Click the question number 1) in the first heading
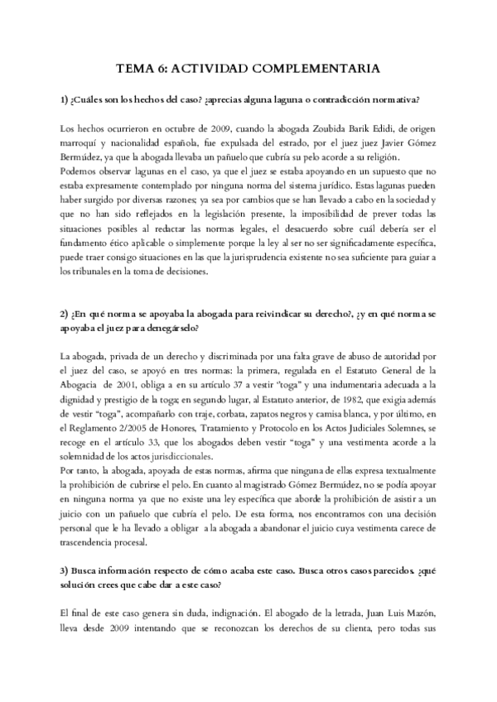coord(66,100)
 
